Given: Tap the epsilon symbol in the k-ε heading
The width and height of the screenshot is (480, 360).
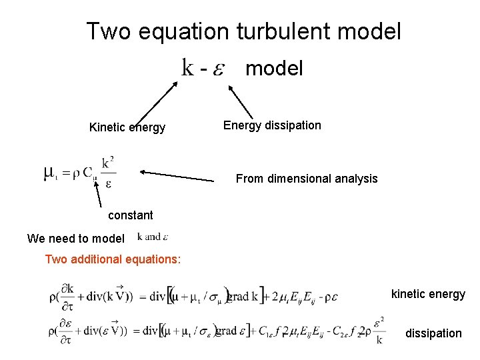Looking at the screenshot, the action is pos(218,69).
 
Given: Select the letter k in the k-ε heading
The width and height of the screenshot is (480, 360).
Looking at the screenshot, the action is pos(188,67).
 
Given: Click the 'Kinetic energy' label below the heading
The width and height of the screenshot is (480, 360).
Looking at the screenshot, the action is pos(127,127).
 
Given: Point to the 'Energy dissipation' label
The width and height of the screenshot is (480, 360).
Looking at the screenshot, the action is pos(272,125).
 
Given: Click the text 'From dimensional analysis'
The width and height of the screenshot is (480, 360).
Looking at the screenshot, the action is pos(307,179).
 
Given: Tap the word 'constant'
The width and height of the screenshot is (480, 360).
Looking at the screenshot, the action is pos(130,215).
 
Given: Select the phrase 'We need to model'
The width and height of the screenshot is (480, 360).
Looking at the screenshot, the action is pos(75,239).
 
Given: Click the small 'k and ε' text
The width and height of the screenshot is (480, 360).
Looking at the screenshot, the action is pos(153,237).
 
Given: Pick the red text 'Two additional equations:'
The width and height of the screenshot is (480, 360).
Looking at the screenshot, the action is pos(113,259).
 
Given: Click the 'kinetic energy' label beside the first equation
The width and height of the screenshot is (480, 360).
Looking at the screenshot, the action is pos(428,294).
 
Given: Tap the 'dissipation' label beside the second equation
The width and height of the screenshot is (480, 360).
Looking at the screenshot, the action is pos(433,333).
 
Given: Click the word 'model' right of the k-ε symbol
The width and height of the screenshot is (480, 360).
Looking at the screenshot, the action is pos(274,68).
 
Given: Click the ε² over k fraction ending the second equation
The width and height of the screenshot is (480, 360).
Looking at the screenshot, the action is pos(379,330).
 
